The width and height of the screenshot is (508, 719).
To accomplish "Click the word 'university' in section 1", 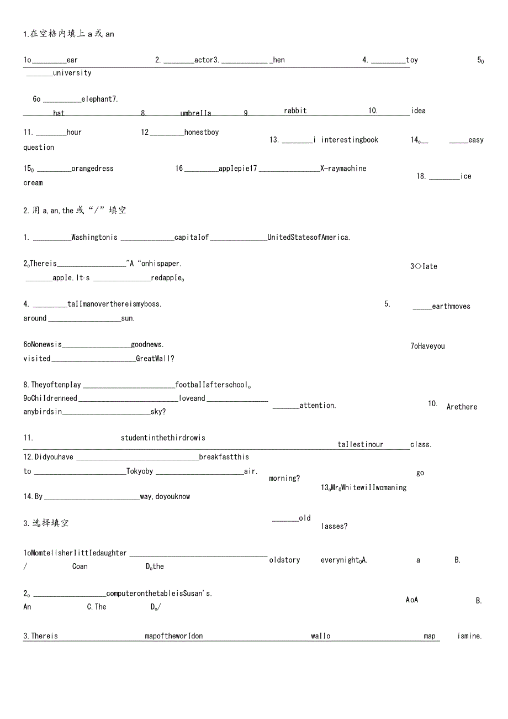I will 72,73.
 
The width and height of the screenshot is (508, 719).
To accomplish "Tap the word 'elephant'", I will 97,99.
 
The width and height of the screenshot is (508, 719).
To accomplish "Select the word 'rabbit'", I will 295,111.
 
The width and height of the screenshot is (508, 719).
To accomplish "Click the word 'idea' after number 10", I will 419,111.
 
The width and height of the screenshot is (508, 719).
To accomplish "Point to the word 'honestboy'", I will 202,133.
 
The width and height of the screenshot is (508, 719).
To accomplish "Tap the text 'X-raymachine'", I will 343,169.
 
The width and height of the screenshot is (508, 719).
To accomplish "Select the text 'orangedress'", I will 92,169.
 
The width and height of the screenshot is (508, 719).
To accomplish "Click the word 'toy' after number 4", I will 412,60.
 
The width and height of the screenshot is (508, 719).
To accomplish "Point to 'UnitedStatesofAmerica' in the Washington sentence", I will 309,238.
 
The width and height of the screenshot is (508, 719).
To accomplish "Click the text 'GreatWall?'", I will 155,359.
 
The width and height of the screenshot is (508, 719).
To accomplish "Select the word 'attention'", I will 317,406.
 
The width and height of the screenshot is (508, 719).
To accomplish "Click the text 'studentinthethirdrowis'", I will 163,438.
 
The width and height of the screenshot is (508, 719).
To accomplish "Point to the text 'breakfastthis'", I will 224,457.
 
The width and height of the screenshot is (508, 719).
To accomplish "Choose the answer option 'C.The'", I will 97,607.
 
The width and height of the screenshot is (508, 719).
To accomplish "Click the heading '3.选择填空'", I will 46,523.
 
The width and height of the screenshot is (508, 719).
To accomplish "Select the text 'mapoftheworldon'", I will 174,636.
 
